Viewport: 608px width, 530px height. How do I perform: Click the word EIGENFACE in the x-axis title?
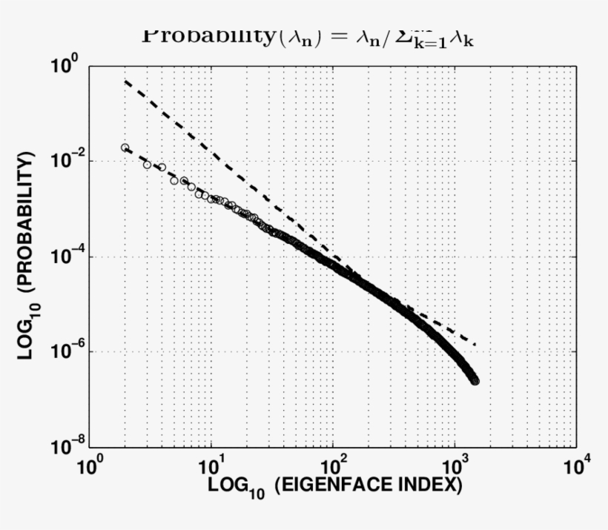(327, 486)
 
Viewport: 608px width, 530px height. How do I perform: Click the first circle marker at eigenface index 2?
(125, 148)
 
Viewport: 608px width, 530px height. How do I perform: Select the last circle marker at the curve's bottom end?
(475, 381)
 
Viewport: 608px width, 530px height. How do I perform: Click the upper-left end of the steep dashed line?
(126, 80)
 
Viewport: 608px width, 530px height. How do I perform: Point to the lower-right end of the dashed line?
(474, 345)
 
